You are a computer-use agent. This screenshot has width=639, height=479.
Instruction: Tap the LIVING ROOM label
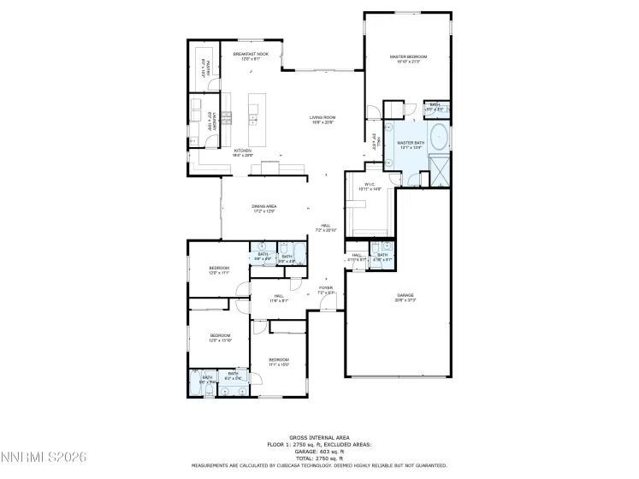click(322, 117)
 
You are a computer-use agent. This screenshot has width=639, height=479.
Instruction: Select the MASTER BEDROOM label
click(408, 56)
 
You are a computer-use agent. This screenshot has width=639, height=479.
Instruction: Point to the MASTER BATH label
click(411, 143)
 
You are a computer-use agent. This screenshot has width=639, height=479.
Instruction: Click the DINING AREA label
click(263, 206)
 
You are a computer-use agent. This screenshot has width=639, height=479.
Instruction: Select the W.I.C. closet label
click(370, 184)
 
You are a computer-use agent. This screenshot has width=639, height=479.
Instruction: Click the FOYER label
click(325, 287)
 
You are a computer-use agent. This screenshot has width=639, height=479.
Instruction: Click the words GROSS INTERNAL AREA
click(319, 436)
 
